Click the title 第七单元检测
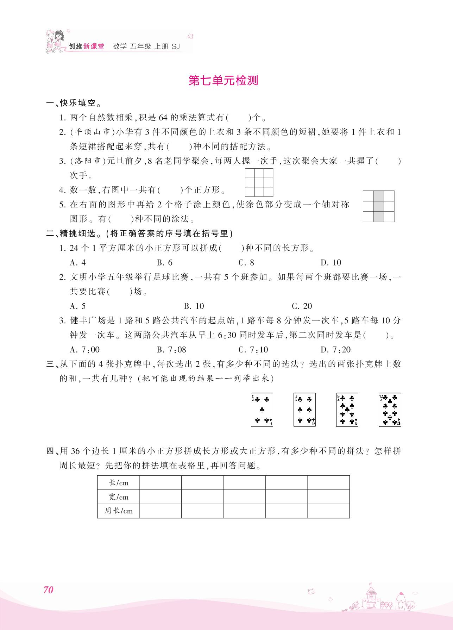223,81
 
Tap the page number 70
48,590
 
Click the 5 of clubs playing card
262,410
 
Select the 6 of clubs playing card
304,410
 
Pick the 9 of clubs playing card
347,410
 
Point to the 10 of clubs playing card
390,410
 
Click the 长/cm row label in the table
119,483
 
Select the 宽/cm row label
119,497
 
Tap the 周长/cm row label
119,511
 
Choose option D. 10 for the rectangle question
331,263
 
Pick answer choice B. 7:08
171,350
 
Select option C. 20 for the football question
302,306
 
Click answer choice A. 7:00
85,350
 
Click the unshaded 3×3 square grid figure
259,182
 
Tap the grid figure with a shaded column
378,206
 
